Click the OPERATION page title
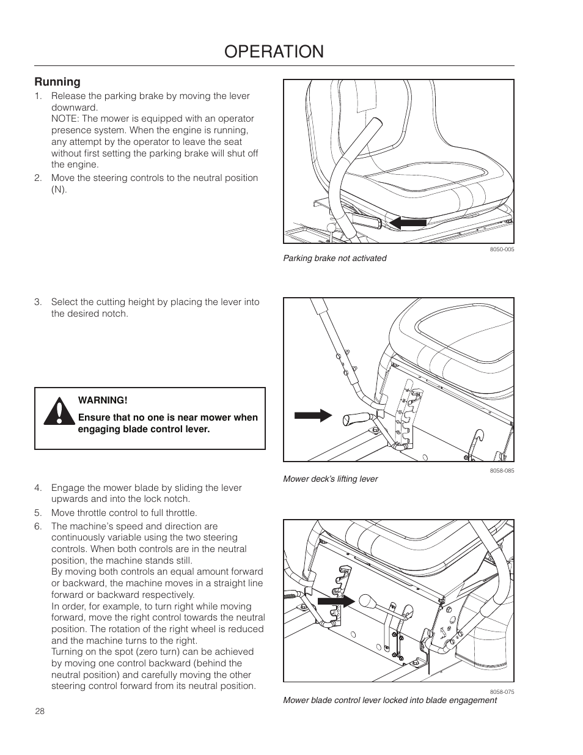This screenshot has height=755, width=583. click(x=274, y=51)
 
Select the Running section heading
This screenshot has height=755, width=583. click(x=57, y=82)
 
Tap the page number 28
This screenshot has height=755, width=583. click(x=40, y=711)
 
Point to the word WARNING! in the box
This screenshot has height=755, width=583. click(x=103, y=400)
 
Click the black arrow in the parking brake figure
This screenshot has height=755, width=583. click(x=408, y=223)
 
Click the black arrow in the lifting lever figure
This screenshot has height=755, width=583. click(x=313, y=416)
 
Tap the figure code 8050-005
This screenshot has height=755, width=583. click(x=502, y=249)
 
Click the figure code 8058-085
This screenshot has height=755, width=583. click(x=502, y=471)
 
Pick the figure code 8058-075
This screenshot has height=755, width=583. click(x=502, y=692)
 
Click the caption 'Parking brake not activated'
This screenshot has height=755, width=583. click(x=334, y=259)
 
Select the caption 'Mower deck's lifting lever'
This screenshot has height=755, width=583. click(x=330, y=479)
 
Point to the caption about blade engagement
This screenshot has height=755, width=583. click(x=389, y=701)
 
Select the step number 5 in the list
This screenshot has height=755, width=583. click(x=37, y=513)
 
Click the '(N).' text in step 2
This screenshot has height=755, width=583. click(x=59, y=190)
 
